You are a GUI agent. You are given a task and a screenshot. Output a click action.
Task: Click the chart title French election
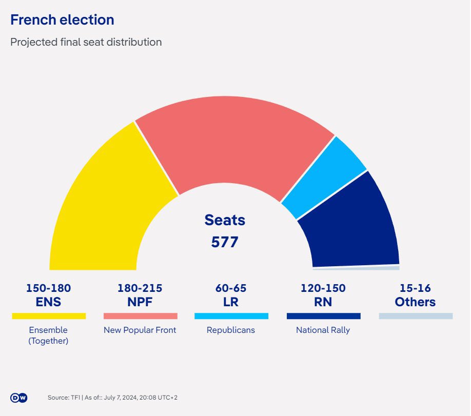tap(62, 20)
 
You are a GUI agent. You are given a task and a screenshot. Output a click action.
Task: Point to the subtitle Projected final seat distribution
tap(86, 42)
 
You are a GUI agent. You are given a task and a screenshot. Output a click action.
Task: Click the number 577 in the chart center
tap(225, 242)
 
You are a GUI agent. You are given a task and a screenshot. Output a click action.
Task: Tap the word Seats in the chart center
tap(225, 220)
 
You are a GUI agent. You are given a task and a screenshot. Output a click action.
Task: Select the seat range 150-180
tap(48, 288)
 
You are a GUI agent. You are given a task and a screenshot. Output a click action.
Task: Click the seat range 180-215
tap(140, 288)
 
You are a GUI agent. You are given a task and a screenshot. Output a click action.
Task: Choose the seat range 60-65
tap(231, 288)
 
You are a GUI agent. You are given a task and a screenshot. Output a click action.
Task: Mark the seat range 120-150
tap(323, 288)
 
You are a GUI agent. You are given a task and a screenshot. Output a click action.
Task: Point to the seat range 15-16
tap(415, 288)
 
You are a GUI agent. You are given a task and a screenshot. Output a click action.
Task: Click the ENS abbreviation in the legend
tap(48, 302)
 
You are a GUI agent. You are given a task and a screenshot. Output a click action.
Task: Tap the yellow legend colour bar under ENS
tap(49, 316)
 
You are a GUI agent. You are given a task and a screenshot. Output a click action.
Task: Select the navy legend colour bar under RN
tap(323, 316)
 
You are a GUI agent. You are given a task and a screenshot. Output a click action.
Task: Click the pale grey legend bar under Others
tap(416, 316)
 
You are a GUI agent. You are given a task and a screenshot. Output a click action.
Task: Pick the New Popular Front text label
tap(140, 330)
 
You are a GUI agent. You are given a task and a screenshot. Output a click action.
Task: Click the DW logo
tap(18, 398)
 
